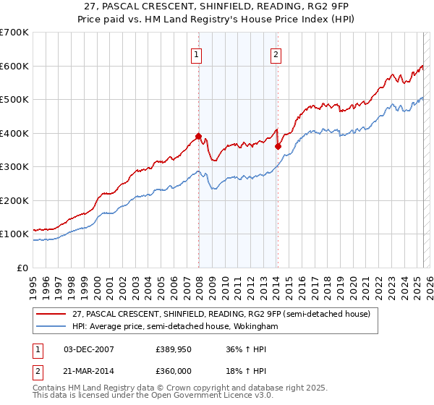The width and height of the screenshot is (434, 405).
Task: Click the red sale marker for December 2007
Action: tap(198, 136)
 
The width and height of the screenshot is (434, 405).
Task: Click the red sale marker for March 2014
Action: tap(278, 146)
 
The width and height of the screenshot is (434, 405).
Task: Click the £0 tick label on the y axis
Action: tap(22, 268)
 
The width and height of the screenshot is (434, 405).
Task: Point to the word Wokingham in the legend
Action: tap(254, 327)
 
